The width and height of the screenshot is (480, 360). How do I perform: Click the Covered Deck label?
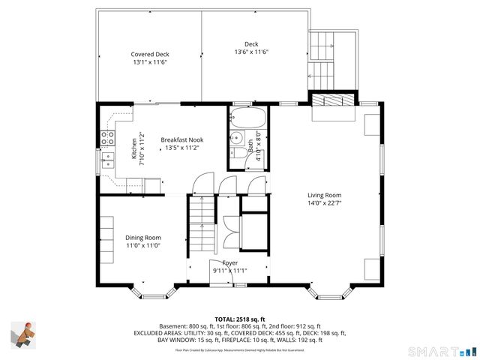pyautogui.click(x=150, y=55)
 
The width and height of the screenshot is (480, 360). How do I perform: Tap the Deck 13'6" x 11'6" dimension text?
pyautogui.click(x=251, y=52)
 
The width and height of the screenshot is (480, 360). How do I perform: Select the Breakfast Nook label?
pyautogui.click(x=181, y=139)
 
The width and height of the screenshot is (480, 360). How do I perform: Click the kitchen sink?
pyautogui.click(x=107, y=159)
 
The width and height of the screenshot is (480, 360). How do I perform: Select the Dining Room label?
pyautogui.click(x=143, y=238)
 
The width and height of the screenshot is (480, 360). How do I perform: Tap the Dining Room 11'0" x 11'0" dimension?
pyautogui.click(x=143, y=246)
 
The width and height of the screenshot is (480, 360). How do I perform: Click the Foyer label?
pyautogui.click(x=229, y=262)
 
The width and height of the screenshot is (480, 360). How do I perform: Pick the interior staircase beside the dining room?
pyautogui.click(x=201, y=223)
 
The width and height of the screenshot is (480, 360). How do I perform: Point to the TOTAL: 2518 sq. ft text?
pyautogui.click(x=240, y=319)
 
